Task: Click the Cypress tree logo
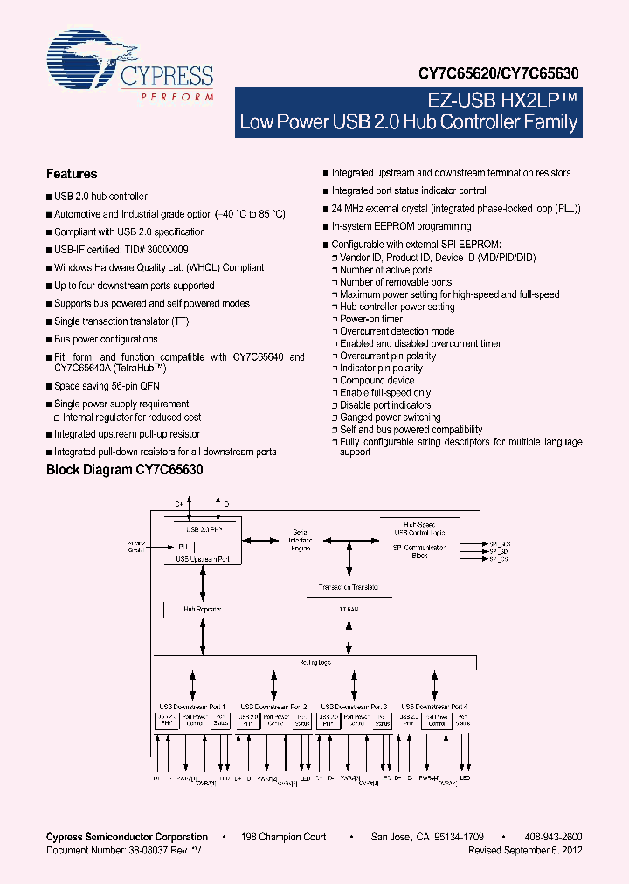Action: (83, 59)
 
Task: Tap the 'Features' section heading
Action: (72, 174)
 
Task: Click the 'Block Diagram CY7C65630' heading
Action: (124, 469)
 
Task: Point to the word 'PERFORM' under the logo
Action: (177, 96)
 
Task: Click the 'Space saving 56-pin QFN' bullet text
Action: (107, 386)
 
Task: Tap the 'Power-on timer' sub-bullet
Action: (371, 320)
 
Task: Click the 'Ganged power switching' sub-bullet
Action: (390, 418)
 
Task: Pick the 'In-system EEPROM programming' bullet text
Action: (401, 227)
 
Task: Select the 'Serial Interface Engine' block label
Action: (301, 541)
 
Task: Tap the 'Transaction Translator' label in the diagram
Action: (348, 587)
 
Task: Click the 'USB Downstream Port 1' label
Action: (192, 706)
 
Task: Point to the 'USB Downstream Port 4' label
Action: (434, 706)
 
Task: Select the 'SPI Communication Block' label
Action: (420, 551)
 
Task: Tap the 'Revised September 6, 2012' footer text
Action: (525, 850)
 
